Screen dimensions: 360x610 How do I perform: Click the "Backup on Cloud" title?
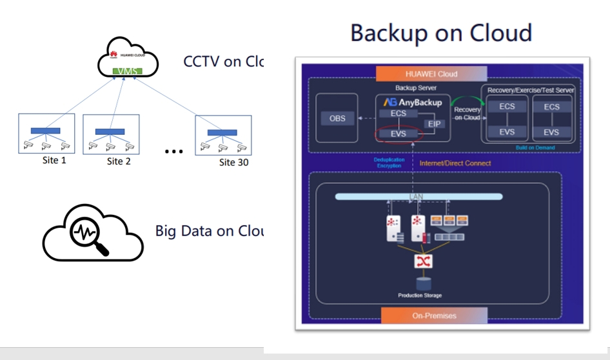pyautogui.click(x=441, y=33)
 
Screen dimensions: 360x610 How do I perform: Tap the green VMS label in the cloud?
pyautogui.click(x=127, y=71)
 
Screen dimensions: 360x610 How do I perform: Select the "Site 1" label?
pyautogui.click(x=54, y=161)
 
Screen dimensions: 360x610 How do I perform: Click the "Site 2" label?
pyautogui.click(x=119, y=161)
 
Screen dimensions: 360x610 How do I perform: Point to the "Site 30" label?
pyautogui.click(x=233, y=162)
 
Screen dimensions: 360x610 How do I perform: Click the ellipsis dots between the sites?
pyautogui.click(x=173, y=152)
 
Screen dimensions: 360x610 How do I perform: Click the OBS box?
pyautogui.click(x=337, y=119)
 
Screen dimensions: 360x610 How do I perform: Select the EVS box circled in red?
pyautogui.click(x=398, y=134)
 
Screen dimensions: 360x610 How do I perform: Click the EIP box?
pyautogui.click(x=433, y=124)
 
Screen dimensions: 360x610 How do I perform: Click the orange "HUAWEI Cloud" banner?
pyautogui.click(x=431, y=74)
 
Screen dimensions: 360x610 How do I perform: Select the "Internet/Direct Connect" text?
pyautogui.click(x=455, y=163)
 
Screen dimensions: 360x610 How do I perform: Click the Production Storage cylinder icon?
pyautogui.click(x=424, y=284)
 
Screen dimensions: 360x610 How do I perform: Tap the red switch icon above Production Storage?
pyautogui.click(x=424, y=261)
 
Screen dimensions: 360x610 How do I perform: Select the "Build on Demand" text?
pyautogui.click(x=535, y=148)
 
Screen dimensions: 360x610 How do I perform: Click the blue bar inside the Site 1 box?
pyautogui.click(x=46, y=131)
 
